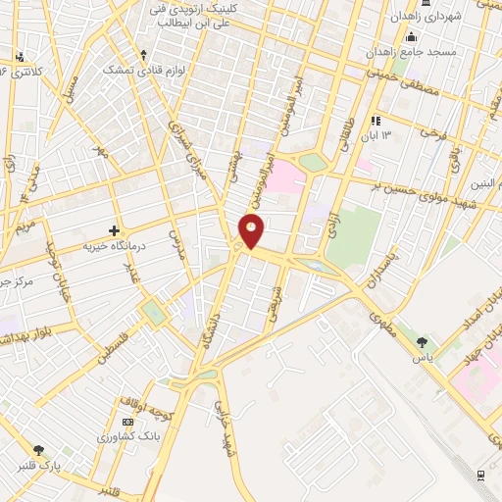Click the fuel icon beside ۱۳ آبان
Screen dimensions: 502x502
click(373, 121)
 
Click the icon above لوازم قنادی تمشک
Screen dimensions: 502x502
click(144, 55)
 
